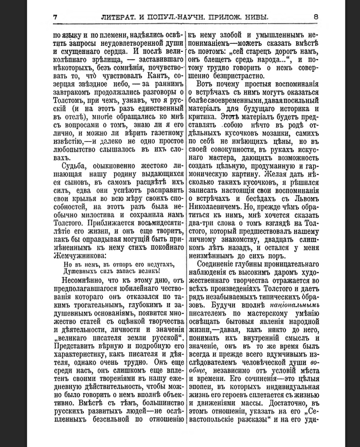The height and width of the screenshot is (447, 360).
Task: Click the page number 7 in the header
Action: (55, 17)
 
